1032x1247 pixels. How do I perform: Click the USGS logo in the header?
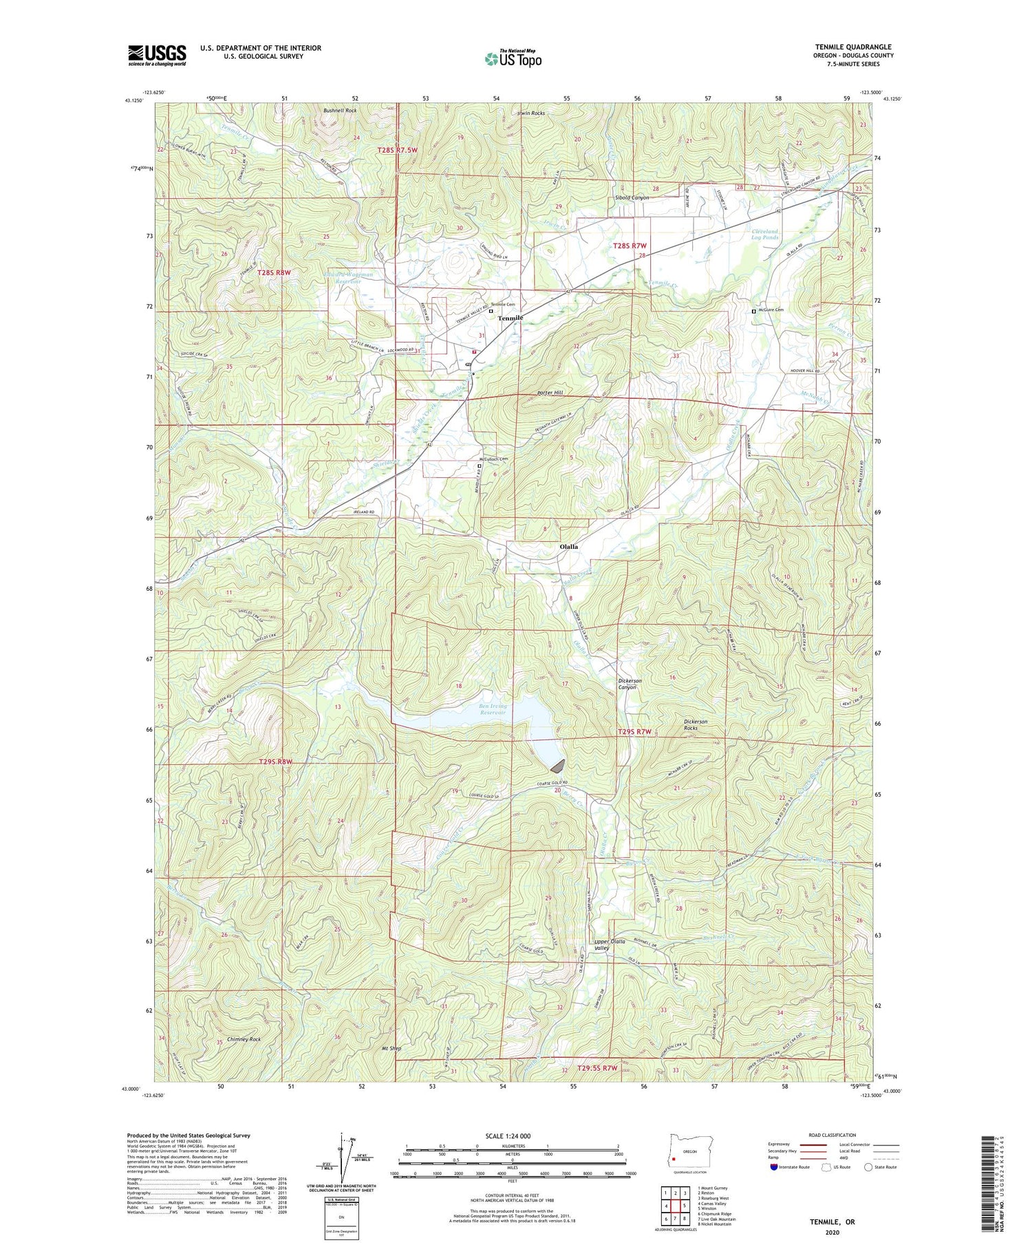click(157, 55)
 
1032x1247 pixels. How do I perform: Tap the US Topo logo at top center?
click(513, 59)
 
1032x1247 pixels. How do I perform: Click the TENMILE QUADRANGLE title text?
click(853, 47)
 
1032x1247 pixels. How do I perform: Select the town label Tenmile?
click(510, 318)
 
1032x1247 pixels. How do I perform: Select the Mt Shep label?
click(391, 1049)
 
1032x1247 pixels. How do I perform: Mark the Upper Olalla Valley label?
click(602, 944)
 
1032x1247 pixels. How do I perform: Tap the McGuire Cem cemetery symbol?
click(753, 311)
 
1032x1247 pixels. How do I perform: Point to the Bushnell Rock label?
click(340, 110)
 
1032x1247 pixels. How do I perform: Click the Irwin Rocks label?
click(530, 113)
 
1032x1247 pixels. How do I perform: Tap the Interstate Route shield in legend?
click(775, 1167)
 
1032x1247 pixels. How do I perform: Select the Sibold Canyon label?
click(632, 197)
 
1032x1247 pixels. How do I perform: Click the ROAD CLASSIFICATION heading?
click(832, 1135)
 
